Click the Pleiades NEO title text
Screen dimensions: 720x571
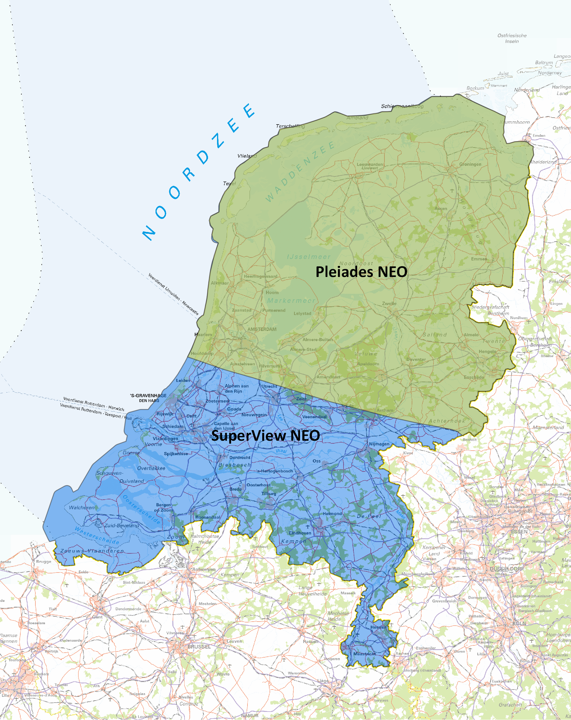point(361,272)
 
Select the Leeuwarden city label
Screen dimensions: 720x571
point(370,164)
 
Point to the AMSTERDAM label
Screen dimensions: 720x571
point(262,329)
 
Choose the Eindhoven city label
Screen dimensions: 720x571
point(300,533)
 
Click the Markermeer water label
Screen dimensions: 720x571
point(291,301)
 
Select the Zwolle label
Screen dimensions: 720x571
point(389,304)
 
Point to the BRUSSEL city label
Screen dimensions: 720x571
point(199,647)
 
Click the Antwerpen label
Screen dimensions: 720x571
point(204,569)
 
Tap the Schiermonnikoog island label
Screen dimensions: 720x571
point(402,106)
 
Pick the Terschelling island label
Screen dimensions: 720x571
point(290,126)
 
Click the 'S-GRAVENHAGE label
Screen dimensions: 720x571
point(149,396)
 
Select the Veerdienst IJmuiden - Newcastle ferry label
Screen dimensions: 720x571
point(173,294)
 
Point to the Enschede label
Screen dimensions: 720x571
point(474,377)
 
